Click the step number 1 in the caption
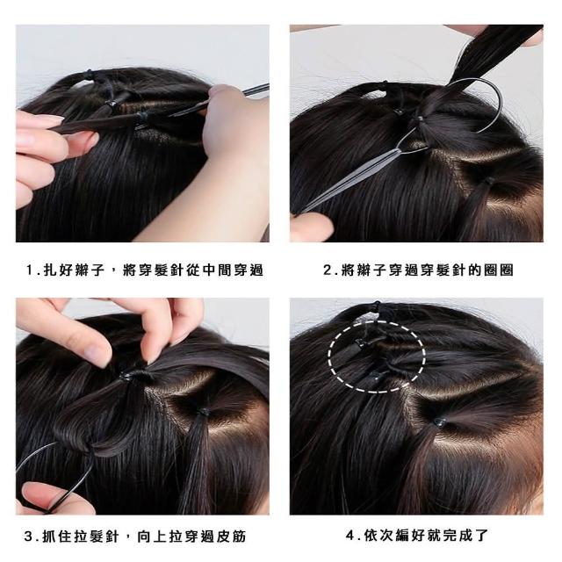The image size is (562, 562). point(31,270)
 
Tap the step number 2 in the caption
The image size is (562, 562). point(328,270)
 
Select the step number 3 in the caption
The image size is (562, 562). point(29,537)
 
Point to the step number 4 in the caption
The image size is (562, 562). point(350,535)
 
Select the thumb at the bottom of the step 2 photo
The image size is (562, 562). point(311,226)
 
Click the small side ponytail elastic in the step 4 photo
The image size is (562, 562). point(439,421)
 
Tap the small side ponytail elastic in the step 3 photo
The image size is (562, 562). point(203,413)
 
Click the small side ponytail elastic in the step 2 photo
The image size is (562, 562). point(488,179)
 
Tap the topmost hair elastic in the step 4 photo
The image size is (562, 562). point(376,305)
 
